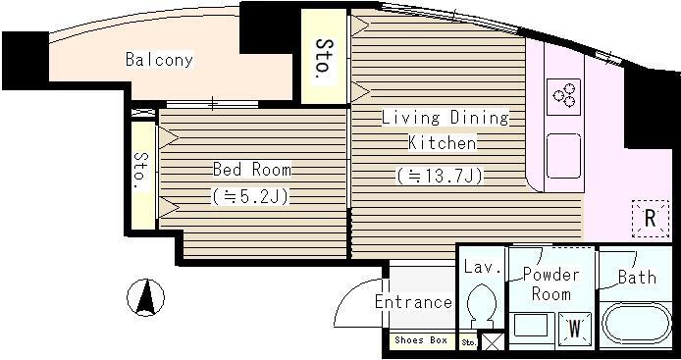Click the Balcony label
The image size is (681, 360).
[159, 60]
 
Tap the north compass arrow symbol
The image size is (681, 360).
[145, 297]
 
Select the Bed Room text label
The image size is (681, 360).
[252, 170]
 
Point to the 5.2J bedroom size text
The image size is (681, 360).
[250, 197]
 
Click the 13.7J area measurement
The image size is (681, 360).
[439, 176]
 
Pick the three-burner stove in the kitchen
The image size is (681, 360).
[563, 96]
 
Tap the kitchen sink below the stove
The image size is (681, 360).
[563, 156]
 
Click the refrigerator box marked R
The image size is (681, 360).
[651, 219]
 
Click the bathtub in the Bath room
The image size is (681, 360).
[634, 324]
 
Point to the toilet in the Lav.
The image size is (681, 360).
[482, 305]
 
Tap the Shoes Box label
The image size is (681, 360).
[420, 340]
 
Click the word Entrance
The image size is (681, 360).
[413, 302]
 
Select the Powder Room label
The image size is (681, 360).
[551, 284]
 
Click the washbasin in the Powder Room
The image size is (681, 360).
[531, 326]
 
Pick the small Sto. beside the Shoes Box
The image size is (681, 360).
[469, 342]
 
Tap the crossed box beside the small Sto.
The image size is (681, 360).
[493, 341]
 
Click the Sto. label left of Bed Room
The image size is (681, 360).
[140, 171]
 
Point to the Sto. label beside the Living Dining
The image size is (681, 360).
[324, 59]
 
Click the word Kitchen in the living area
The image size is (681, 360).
[443, 143]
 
